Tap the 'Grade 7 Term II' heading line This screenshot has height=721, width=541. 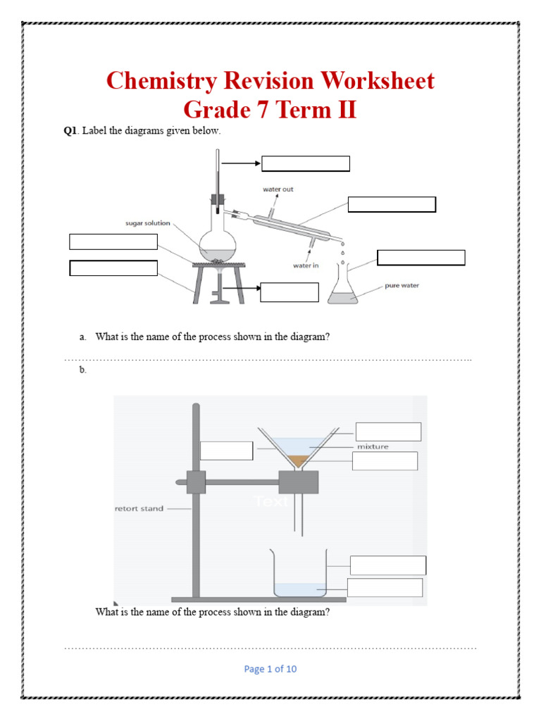(x=270, y=110)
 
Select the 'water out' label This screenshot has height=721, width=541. (x=278, y=189)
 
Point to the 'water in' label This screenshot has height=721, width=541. (x=308, y=265)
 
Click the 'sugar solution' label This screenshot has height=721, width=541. (x=148, y=223)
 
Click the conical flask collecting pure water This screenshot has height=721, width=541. (x=342, y=289)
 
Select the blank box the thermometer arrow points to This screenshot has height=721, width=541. (x=306, y=163)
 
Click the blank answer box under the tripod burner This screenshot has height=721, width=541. (x=280, y=291)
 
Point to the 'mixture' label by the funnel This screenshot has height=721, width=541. (x=373, y=446)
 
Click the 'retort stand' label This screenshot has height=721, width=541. (x=138, y=508)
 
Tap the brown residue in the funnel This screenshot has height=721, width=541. (x=299, y=460)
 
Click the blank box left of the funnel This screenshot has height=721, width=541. (x=226, y=451)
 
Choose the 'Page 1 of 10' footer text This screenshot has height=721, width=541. (x=270, y=669)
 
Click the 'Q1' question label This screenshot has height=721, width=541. (x=70, y=131)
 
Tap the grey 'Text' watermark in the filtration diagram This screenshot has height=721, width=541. (x=270, y=501)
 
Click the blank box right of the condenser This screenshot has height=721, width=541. (x=392, y=204)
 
